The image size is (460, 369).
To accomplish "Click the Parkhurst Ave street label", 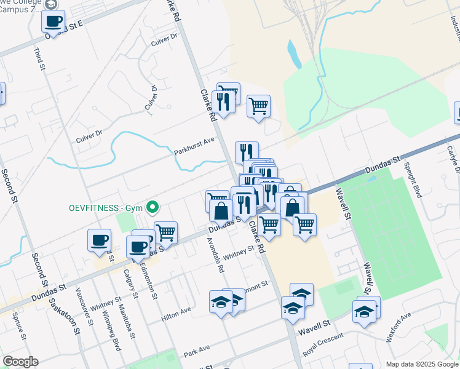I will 194,144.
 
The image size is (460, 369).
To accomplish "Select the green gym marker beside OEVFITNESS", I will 154,207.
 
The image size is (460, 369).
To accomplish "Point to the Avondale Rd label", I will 216,255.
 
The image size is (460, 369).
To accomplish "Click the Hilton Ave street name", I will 176,314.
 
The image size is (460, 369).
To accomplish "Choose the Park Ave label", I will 197,352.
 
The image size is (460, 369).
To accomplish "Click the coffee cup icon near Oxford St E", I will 53,22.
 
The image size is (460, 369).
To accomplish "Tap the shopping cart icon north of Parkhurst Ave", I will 259,106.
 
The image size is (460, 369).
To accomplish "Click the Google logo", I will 21,362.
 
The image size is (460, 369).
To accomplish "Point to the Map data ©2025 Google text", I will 421,364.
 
